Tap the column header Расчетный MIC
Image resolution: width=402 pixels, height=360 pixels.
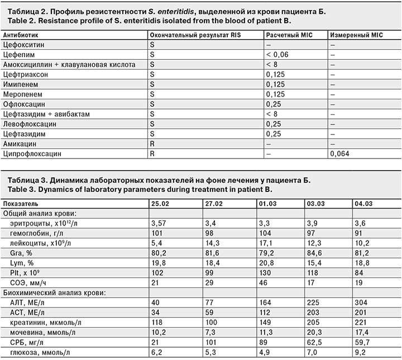288,34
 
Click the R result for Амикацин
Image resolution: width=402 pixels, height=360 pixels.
151,143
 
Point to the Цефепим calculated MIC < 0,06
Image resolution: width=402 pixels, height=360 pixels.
278,54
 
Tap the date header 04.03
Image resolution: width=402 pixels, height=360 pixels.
363,203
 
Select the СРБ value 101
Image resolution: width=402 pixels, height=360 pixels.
212,343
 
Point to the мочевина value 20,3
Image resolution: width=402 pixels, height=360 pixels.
313,333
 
